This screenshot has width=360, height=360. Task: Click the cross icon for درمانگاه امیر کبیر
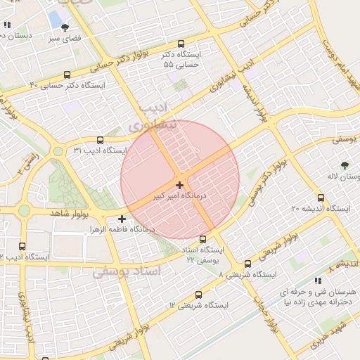coord(180,185)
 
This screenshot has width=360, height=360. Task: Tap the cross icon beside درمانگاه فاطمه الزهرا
coord(122,219)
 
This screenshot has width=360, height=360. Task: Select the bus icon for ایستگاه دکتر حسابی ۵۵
coord(181,43)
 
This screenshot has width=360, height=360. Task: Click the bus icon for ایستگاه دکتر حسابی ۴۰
coord(67,75)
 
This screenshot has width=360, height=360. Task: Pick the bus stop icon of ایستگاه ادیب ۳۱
coord(100,140)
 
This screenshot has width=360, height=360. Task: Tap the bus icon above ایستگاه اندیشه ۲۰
coord(321,198)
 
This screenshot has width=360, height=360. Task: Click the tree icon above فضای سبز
coord(65,27)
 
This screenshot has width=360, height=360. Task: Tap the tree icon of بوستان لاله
coord(344,165)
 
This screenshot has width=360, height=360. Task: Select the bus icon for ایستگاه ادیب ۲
coord(22,246)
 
